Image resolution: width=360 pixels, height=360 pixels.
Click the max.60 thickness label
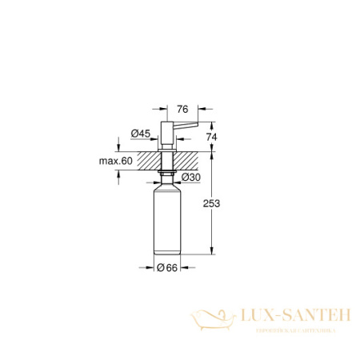tap(115, 161)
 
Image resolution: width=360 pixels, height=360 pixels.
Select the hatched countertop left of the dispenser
tap(147, 160)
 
